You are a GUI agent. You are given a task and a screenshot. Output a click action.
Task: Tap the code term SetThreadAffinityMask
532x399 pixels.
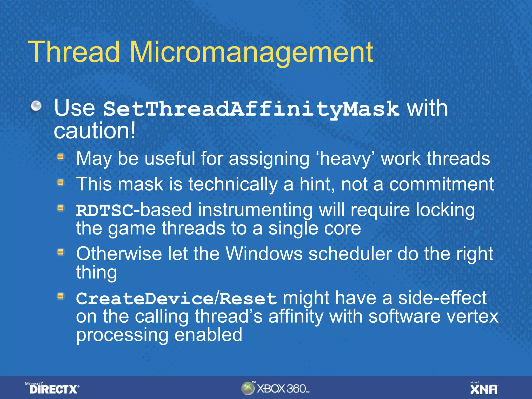(x=251, y=109)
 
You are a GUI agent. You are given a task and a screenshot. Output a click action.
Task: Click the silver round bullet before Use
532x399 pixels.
(x=36, y=106)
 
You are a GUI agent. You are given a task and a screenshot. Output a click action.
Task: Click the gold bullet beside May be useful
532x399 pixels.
(x=61, y=157)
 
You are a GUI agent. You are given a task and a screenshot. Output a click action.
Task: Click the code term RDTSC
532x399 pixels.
(x=104, y=210)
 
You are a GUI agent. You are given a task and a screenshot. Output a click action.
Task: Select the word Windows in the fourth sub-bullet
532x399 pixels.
(x=264, y=254)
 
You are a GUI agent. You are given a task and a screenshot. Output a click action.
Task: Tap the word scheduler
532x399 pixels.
(x=350, y=254)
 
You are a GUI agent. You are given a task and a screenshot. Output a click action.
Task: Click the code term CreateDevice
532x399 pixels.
(x=144, y=299)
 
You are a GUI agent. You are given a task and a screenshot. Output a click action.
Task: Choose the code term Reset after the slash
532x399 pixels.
(x=248, y=299)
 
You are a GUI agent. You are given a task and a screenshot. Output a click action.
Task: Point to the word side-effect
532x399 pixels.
(x=442, y=298)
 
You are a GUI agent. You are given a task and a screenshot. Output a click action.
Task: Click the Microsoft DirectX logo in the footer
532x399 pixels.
(x=53, y=388)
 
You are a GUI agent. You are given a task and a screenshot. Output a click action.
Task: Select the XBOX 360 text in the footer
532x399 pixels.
(x=283, y=389)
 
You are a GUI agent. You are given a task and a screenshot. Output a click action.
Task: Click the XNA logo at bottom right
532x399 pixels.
(x=484, y=389)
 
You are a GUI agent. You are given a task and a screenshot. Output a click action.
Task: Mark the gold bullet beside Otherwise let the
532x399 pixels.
(x=61, y=252)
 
